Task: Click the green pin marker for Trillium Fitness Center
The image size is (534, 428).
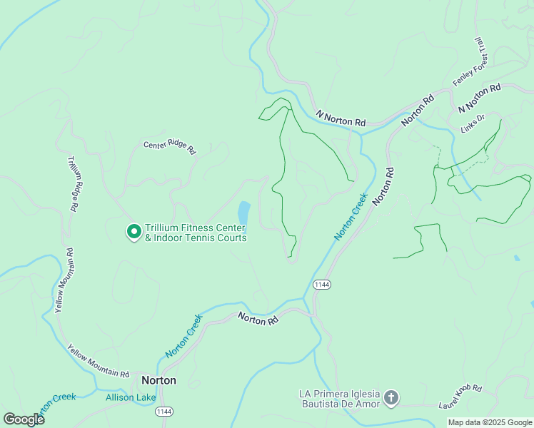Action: point(133,231)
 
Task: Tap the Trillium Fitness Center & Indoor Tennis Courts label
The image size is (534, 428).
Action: point(196,233)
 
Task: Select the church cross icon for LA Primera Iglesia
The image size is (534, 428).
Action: point(391,398)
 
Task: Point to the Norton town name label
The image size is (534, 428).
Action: point(158,380)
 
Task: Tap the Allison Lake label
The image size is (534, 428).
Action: point(129,397)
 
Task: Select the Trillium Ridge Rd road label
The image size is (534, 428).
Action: point(73,184)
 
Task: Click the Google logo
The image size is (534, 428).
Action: point(24,419)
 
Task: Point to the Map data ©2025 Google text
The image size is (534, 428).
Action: point(490,422)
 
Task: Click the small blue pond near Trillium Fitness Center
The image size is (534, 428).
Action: point(243,212)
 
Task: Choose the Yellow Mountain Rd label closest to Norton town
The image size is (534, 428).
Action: point(98,362)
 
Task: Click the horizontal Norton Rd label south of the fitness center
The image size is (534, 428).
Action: point(258,320)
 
